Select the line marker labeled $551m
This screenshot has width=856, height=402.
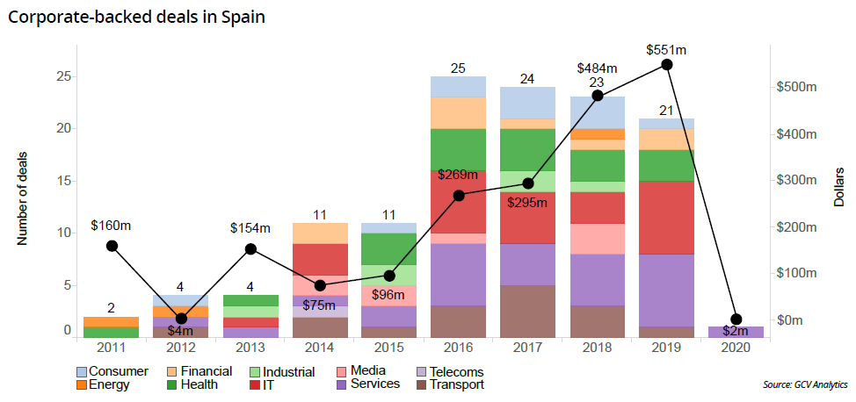667,65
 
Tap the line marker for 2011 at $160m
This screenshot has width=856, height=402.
112,246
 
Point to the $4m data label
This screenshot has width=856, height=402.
181,330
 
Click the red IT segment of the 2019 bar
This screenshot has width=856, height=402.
667,218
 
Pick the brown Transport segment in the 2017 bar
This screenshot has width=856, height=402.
528,312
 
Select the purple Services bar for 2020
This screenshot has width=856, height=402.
736,333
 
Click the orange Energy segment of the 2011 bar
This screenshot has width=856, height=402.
112,322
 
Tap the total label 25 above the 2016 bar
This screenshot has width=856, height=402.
459,67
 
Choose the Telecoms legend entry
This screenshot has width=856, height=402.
447,372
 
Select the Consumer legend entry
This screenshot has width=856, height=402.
112,372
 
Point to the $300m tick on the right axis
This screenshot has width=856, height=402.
798,181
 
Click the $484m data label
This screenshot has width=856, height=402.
597,68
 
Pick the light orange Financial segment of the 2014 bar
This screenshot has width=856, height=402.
320,233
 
